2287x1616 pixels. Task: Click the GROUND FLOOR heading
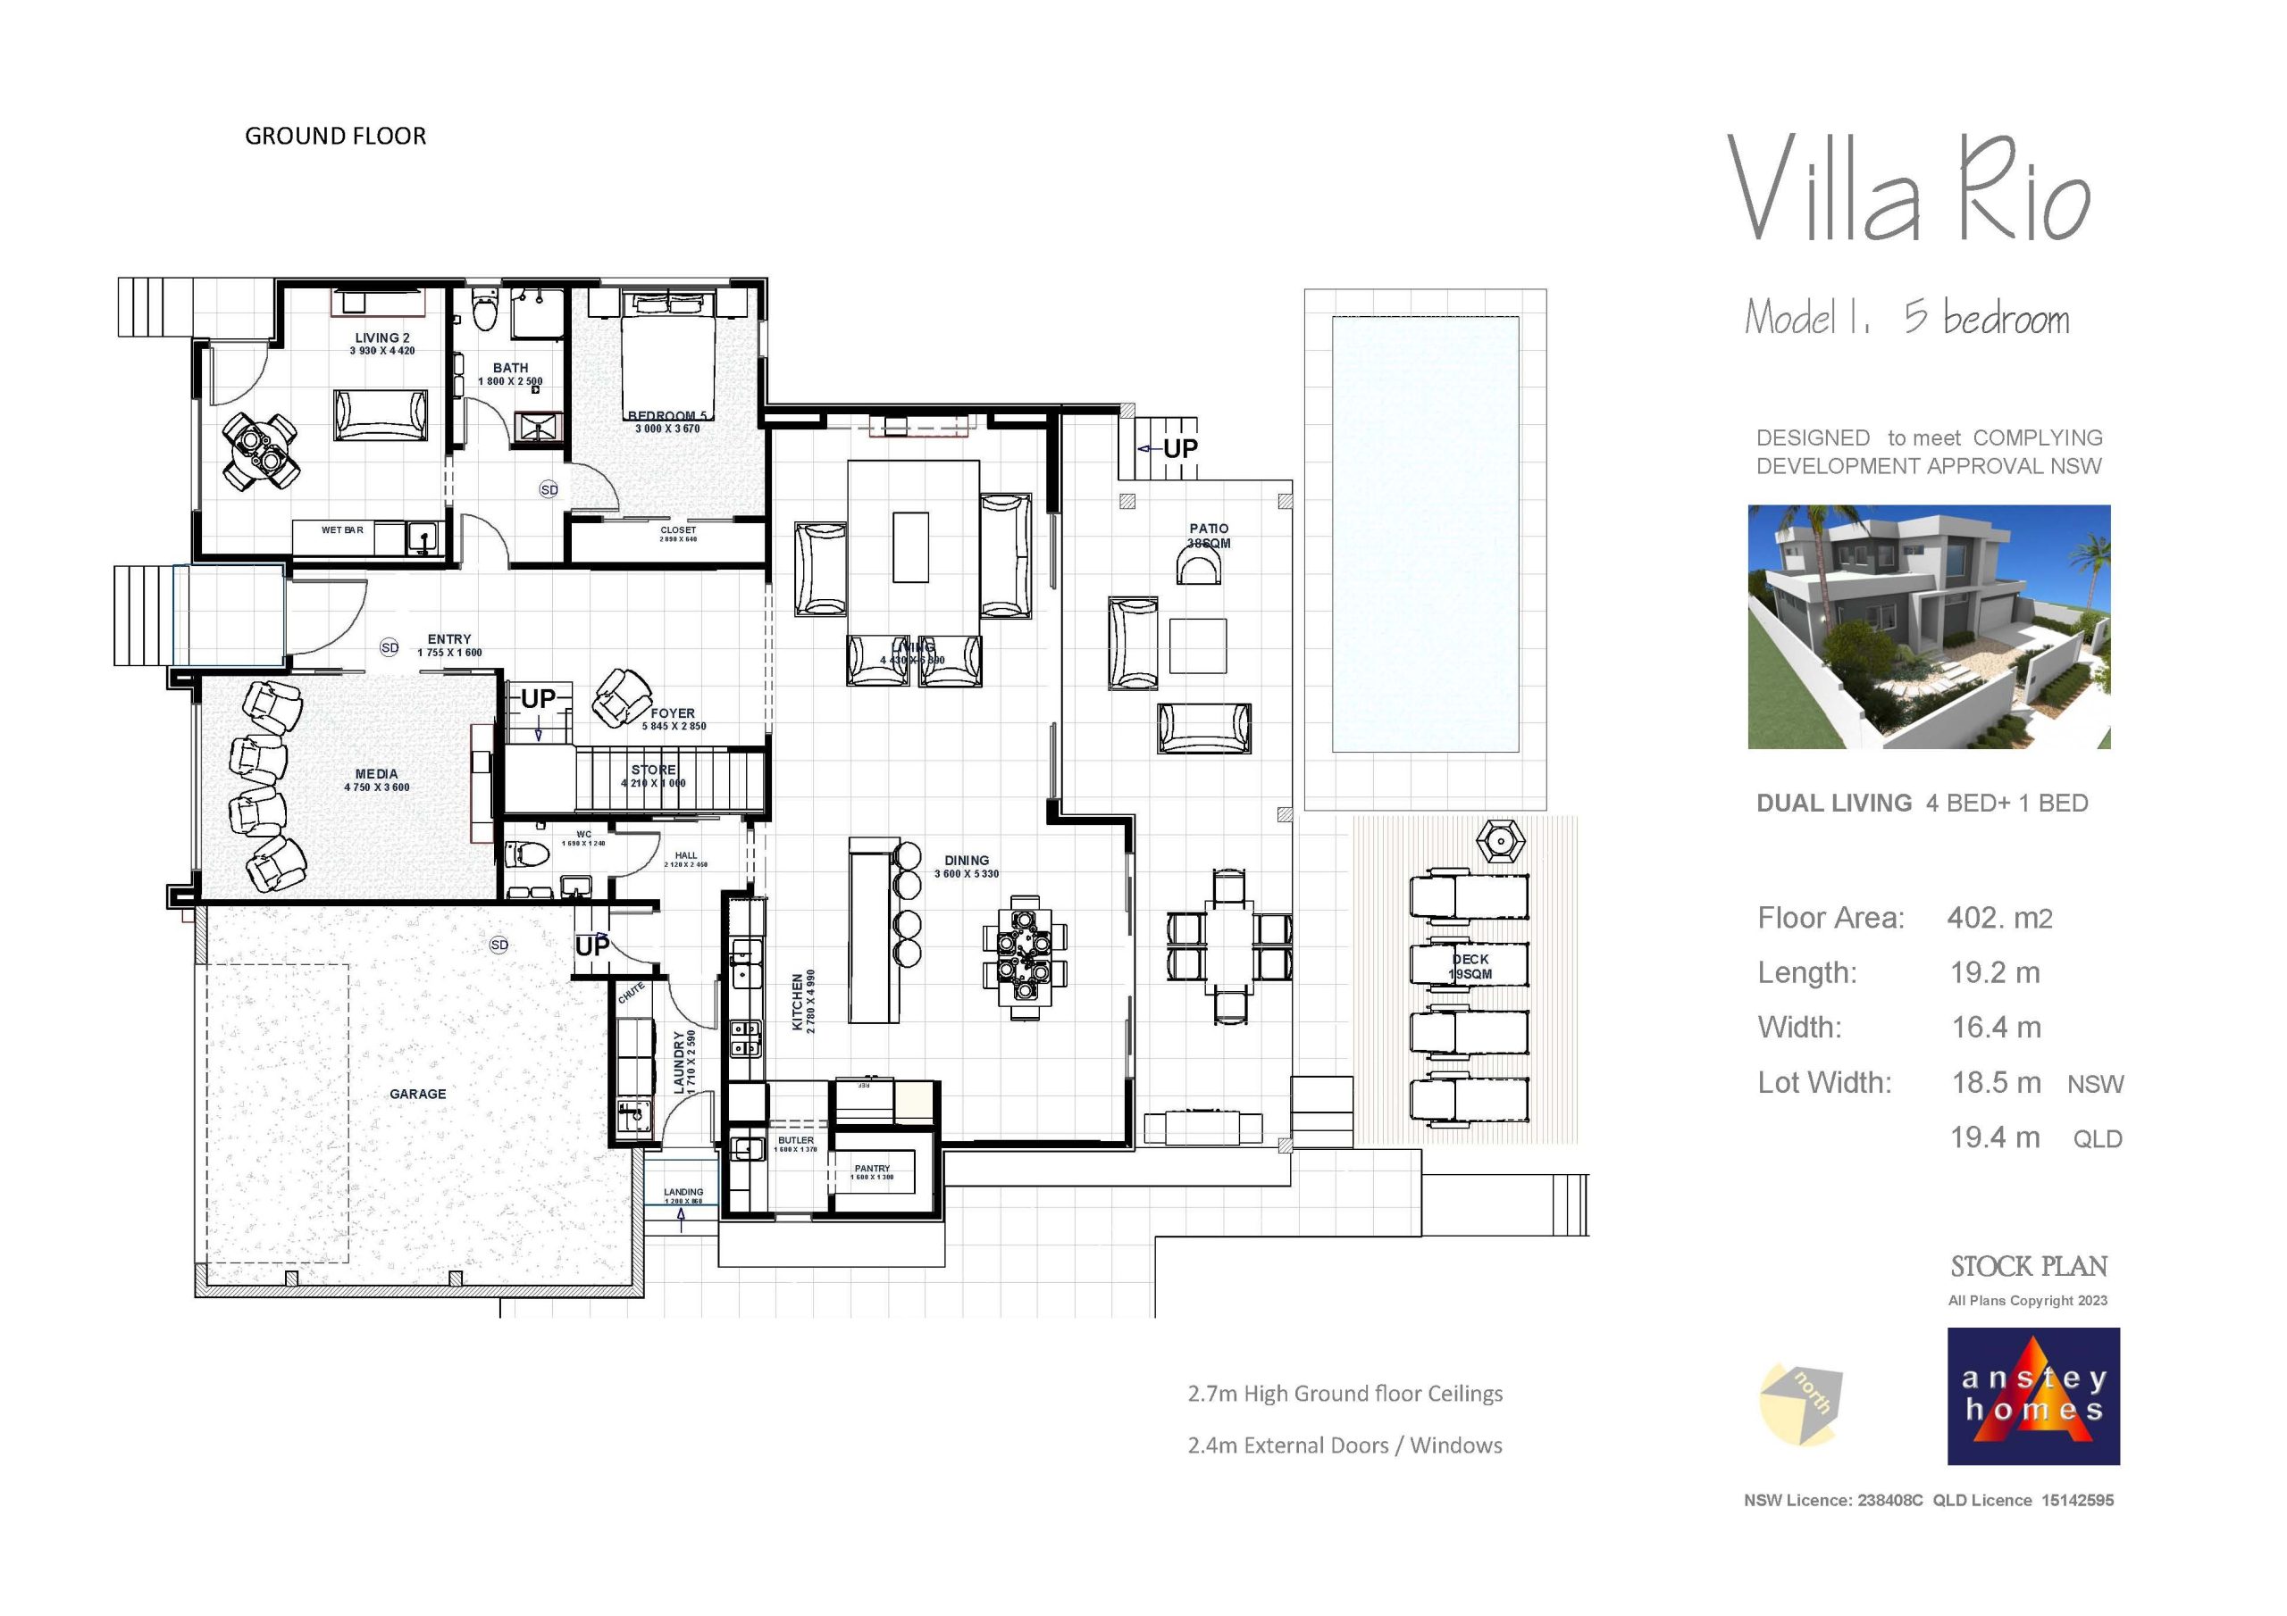click(335, 137)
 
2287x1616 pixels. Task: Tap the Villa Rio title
click(1906, 190)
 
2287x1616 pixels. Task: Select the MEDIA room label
click(375, 774)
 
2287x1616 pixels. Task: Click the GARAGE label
click(417, 1094)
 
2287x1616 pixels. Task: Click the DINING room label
click(967, 861)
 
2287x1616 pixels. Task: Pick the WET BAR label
click(341, 530)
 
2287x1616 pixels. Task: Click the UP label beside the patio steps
click(1179, 449)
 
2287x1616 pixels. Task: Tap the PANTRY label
click(872, 1168)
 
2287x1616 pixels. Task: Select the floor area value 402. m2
click(1998, 918)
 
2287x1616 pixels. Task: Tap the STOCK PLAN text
click(2028, 1267)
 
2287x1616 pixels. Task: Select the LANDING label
click(683, 1192)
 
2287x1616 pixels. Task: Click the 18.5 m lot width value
click(1995, 1082)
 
